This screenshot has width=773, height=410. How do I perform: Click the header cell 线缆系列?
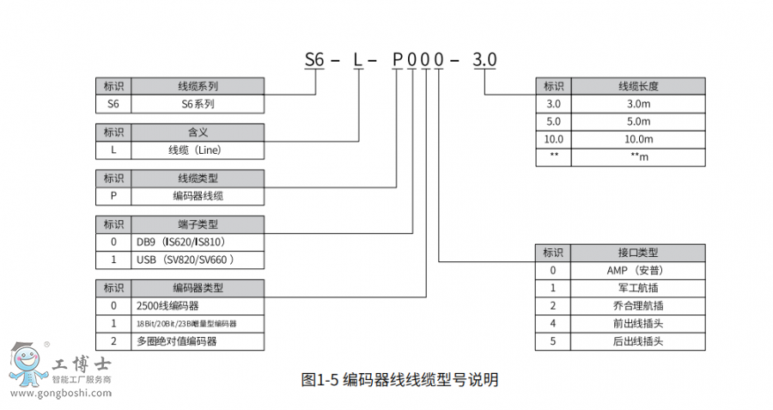(x=198, y=86)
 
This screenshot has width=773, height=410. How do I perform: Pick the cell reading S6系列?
(x=198, y=104)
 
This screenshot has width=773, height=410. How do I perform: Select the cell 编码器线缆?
(x=198, y=196)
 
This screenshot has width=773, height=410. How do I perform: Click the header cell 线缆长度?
(x=638, y=86)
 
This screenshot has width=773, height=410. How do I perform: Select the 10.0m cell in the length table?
(x=638, y=139)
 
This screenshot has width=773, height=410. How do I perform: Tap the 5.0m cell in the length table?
(x=638, y=121)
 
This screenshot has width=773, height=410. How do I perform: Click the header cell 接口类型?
(x=638, y=252)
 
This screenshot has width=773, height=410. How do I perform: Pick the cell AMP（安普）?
(x=638, y=270)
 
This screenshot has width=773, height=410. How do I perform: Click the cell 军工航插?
(x=638, y=288)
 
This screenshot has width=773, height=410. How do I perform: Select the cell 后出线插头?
(x=638, y=341)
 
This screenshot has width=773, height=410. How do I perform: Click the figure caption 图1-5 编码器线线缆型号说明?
(x=400, y=379)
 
